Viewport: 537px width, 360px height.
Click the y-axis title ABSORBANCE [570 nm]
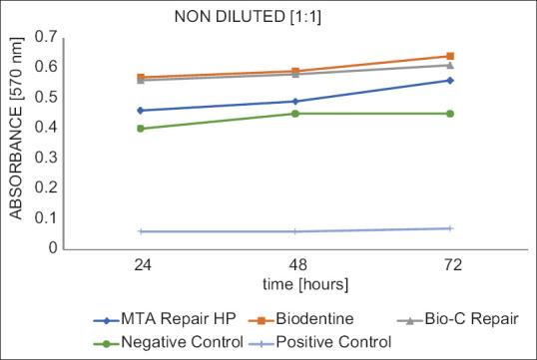point(15,141)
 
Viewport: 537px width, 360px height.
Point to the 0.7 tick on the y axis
point(44,37)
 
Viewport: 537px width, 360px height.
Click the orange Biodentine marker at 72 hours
point(450,56)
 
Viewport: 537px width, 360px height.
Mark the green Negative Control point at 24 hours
point(140,129)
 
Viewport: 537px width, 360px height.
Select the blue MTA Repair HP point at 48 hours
point(294,101)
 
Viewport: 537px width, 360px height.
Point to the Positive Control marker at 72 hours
point(450,228)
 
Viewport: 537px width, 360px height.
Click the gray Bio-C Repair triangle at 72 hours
point(450,65)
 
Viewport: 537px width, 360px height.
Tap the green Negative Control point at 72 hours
point(450,114)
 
